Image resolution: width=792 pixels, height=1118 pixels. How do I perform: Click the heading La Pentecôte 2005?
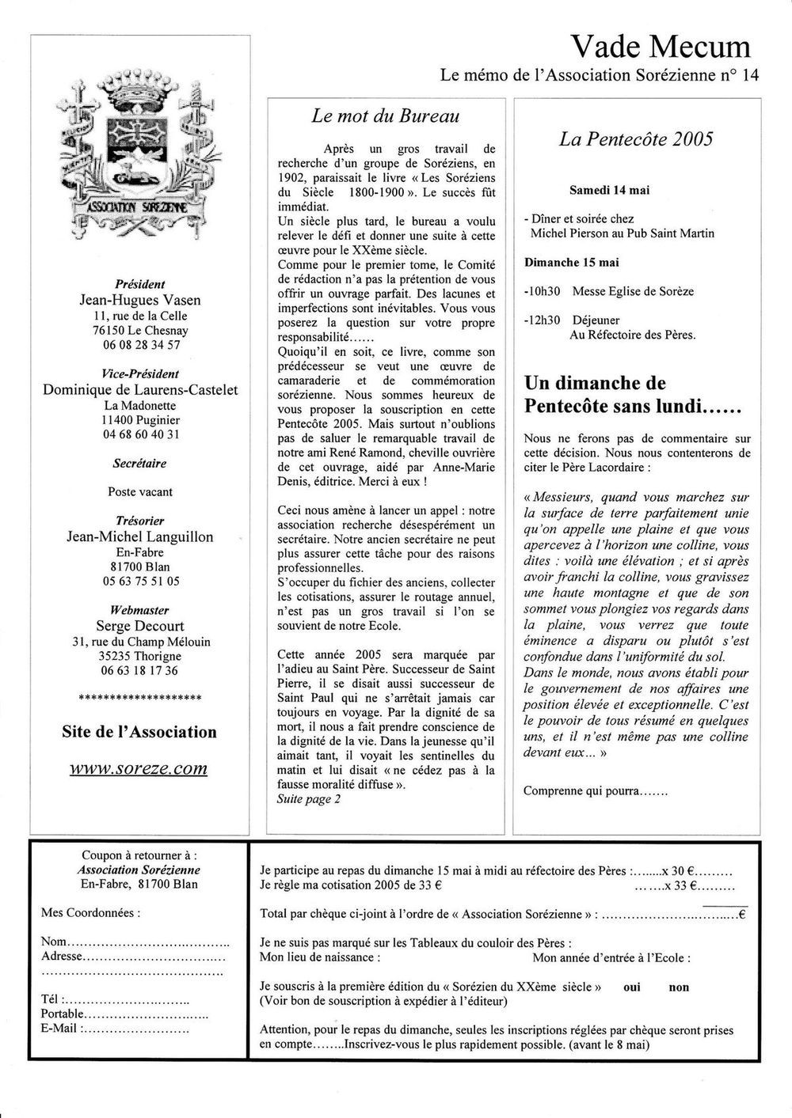(x=636, y=139)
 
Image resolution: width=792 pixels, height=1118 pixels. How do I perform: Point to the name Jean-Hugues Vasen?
(x=141, y=300)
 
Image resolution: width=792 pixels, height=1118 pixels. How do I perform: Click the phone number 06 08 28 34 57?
(x=141, y=345)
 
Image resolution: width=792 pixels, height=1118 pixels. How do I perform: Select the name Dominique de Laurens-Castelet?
(x=141, y=390)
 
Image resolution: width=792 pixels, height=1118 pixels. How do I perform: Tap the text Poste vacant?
(x=140, y=491)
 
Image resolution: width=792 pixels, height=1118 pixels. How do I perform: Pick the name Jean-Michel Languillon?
(x=140, y=537)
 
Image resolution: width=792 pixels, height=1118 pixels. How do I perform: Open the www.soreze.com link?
(x=139, y=767)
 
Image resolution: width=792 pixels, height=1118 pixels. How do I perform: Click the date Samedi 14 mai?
(x=609, y=190)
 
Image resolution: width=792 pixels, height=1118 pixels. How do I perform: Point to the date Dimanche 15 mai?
(x=572, y=263)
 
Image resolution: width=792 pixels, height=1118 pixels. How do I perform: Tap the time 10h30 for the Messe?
(x=543, y=291)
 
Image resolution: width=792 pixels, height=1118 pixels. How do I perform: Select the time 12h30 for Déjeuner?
(x=543, y=320)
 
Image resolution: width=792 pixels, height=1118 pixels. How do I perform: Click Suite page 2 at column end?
(x=309, y=798)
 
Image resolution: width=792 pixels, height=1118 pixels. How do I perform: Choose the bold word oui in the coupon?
(x=632, y=987)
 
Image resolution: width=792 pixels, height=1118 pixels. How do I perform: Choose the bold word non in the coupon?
(x=679, y=987)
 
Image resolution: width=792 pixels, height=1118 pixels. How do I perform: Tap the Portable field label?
(x=62, y=1014)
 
